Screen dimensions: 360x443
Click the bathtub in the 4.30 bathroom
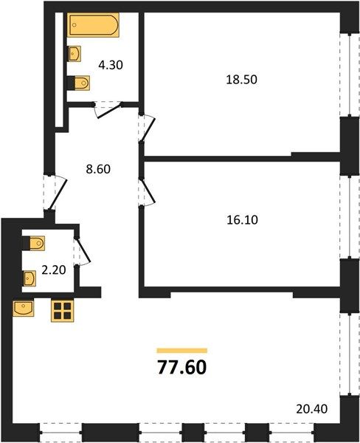pos(93,25)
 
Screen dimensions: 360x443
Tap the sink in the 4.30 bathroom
pos(75,54)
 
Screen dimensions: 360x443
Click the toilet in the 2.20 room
pos(33,243)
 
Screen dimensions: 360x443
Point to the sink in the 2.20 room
pos(30,278)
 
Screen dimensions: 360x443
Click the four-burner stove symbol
pos(63,311)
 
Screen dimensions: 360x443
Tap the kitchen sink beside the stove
pos(24,309)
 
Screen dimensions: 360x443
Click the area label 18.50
pos(242,80)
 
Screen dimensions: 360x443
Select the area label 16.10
pos(242,220)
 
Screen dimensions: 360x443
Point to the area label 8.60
pos(98,169)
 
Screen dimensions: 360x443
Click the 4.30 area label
pos(111,65)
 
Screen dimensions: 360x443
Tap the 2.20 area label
pos(54,270)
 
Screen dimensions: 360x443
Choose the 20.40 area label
pos(312,409)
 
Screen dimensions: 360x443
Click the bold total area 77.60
pos(182,368)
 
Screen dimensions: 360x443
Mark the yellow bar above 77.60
pos(182,351)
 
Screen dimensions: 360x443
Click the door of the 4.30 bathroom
pos(108,109)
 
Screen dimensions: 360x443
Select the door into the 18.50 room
pos(147,128)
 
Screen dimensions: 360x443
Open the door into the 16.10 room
pos(147,192)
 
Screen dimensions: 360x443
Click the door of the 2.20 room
pos(82,251)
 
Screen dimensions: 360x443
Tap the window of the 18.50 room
pos(350,75)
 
